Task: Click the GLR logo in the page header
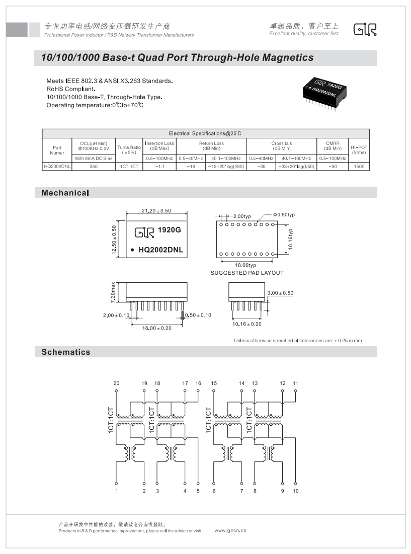coord(365,30)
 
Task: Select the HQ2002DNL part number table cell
coord(57,166)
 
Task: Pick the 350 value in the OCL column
coord(94,166)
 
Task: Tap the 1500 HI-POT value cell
coord(359,166)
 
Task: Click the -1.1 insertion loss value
coord(159,166)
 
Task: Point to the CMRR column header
coord(333,145)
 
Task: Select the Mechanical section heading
coord(65,193)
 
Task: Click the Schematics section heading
coord(66,352)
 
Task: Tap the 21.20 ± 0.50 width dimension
coord(156,210)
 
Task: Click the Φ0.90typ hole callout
coord(284,215)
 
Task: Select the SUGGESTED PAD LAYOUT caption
coord(247,273)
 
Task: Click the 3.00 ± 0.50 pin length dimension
coord(280,293)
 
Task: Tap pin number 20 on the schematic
coord(116,383)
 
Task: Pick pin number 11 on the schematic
coord(295,383)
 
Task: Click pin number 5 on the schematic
coord(198,491)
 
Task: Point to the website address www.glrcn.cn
coord(230,530)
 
